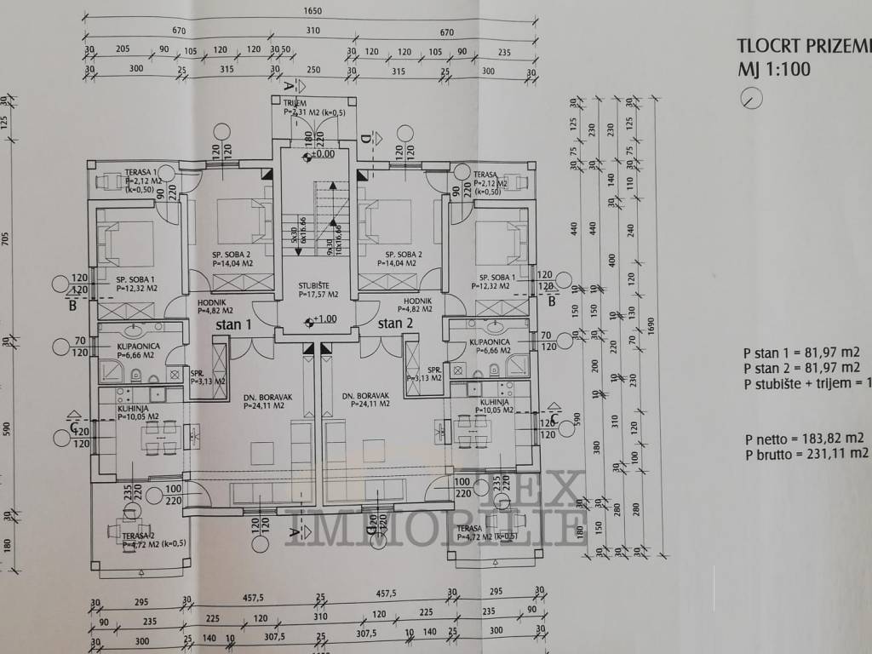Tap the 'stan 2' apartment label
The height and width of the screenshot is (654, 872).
coord(395,323)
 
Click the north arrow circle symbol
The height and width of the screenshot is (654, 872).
coord(752,100)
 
